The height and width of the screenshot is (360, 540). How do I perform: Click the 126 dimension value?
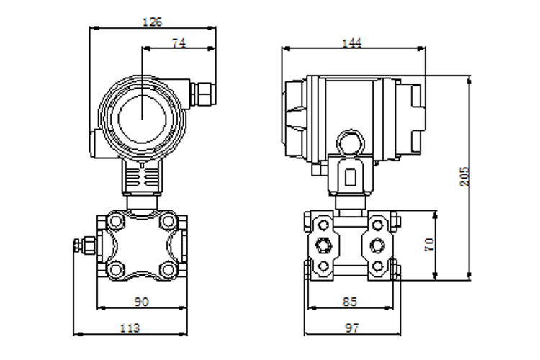click(x=152, y=22)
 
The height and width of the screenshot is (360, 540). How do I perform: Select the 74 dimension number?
click(x=179, y=42)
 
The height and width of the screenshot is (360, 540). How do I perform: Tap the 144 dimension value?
click(x=351, y=42)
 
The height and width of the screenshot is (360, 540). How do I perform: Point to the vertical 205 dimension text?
click(x=464, y=176)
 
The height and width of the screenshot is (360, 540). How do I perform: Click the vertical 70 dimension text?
click(x=429, y=245)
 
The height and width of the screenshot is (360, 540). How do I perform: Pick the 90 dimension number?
click(x=141, y=302)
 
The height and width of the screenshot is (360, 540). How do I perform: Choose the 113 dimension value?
click(x=130, y=328)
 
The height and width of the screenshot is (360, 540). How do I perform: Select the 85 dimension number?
click(x=350, y=302)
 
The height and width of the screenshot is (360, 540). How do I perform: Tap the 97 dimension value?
click(x=351, y=328)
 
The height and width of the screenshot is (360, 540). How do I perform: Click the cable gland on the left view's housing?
click(x=202, y=94)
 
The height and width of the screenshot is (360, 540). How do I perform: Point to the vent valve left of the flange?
click(x=86, y=245)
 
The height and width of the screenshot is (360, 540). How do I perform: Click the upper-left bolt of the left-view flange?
click(x=115, y=220)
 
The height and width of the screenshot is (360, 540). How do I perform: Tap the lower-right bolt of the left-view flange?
click(x=168, y=269)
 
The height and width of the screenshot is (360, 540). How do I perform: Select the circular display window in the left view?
click(x=142, y=118)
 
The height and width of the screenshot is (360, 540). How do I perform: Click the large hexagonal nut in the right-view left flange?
click(x=323, y=246)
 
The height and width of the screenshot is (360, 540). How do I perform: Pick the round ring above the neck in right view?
click(x=350, y=142)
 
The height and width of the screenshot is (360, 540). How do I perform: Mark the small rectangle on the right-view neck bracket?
click(x=351, y=177)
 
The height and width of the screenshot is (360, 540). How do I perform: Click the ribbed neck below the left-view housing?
click(x=142, y=177)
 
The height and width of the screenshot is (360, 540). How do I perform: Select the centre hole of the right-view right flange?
click(x=377, y=246)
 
